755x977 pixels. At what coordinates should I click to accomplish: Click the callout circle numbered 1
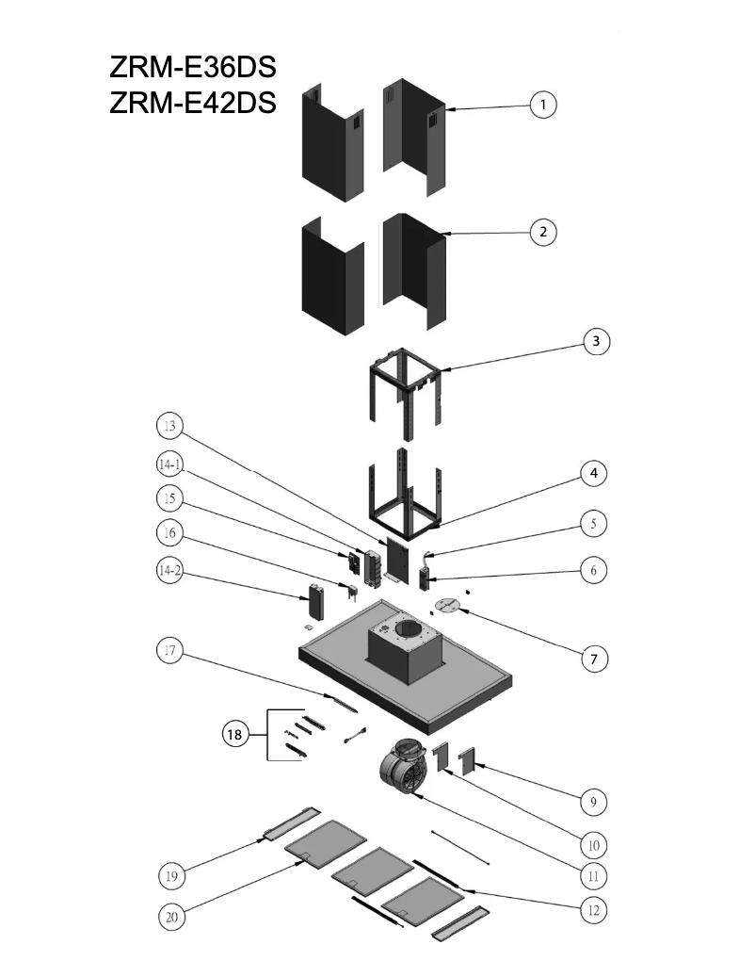point(542,105)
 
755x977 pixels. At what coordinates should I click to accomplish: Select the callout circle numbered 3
point(594,341)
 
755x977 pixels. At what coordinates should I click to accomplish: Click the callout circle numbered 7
point(594,659)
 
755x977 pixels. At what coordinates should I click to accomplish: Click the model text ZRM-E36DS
point(193,69)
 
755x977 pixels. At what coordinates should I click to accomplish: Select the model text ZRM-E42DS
point(193,104)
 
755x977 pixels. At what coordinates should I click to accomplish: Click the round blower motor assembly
point(404,765)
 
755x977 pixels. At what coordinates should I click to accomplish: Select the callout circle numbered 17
point(169,651)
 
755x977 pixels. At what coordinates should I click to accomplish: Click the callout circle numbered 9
point(593,803)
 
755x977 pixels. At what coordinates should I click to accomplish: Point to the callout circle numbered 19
point(169,876)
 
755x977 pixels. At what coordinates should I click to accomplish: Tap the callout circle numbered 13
point(169,427)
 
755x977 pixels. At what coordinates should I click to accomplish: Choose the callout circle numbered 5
point(593,522)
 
